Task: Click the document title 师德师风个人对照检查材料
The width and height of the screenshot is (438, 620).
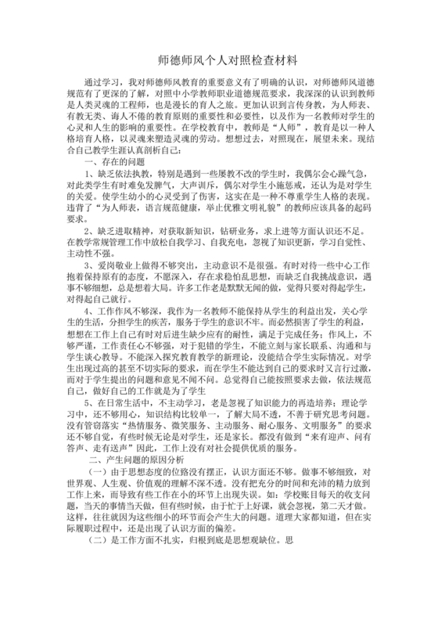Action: click(x=218, y=59)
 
